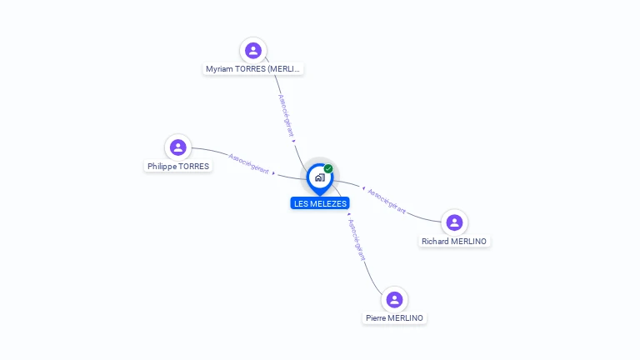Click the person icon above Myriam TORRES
pos(253,51)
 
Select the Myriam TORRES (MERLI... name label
pos(253,69)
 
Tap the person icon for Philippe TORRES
pos(177,147)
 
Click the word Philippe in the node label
pos(163,167)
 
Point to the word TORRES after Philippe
pos(195,167)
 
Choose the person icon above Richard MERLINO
pos(454,222)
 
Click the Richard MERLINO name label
pos(454,242)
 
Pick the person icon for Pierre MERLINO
pos(395,299)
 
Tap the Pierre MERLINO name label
pos(395,318)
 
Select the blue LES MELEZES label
pos(321,203)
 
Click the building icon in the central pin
pos(319,177)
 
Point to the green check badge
pos(328,168)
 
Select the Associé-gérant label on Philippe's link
pos(248,162)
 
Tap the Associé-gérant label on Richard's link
pos(387,202)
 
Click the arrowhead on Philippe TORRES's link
pos(274,172)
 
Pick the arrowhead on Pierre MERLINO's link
pos(348,215)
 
